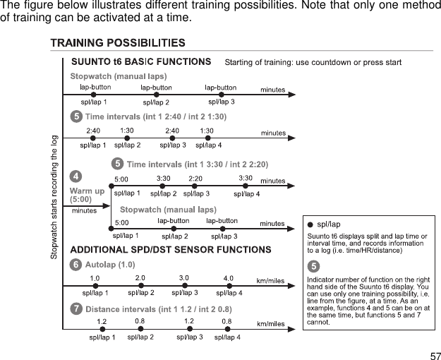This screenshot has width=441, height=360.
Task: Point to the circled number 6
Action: (x=75, y=265)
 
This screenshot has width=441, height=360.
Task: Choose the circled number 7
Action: (x=75, y=308)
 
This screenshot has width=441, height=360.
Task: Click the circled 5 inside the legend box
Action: (x=313, y=265)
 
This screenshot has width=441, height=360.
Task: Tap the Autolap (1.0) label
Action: (x=109, y=265)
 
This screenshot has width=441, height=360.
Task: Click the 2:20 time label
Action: (x=195, y=179)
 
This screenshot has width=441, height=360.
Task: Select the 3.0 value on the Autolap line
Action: (x=184, y=278)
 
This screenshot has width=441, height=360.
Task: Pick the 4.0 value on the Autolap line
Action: (x=229, y=278)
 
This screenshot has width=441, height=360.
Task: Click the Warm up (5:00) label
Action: (x=87, y=195)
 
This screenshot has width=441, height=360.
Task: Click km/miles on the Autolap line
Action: (x=272, y=280)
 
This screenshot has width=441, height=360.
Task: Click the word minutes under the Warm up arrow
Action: (x=84, y=210)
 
